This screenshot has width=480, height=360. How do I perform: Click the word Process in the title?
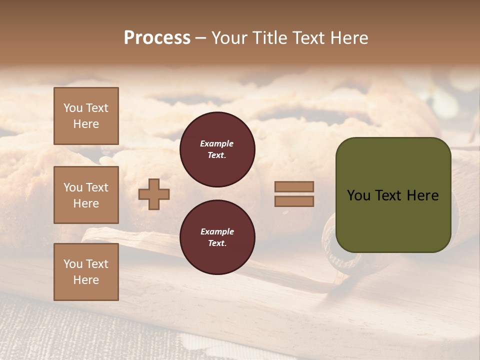(x=157, y=38)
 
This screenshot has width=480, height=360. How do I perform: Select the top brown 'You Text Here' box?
(x=86, y=116)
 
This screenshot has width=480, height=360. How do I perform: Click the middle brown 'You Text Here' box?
(x=86, y=195)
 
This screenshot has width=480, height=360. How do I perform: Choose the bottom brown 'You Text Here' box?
(x=86, y=272)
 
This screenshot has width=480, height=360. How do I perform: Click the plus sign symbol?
(x=154, y=194)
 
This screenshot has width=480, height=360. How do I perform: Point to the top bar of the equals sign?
(x=294, y=186)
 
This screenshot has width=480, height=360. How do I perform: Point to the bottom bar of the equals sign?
(x=294, y=201)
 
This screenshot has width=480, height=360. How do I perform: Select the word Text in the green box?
(x=390, y=195)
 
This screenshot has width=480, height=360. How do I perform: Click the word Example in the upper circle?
(x=216, y=143)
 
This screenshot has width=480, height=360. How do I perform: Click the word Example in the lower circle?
(x=217, y=231)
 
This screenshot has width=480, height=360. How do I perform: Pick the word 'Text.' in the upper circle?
(x=217, y=155)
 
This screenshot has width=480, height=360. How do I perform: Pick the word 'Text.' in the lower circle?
(x=217, y=243)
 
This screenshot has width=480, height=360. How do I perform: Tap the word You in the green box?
(x=358, y=195)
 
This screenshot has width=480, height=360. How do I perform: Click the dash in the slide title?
(x=200, y=38)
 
